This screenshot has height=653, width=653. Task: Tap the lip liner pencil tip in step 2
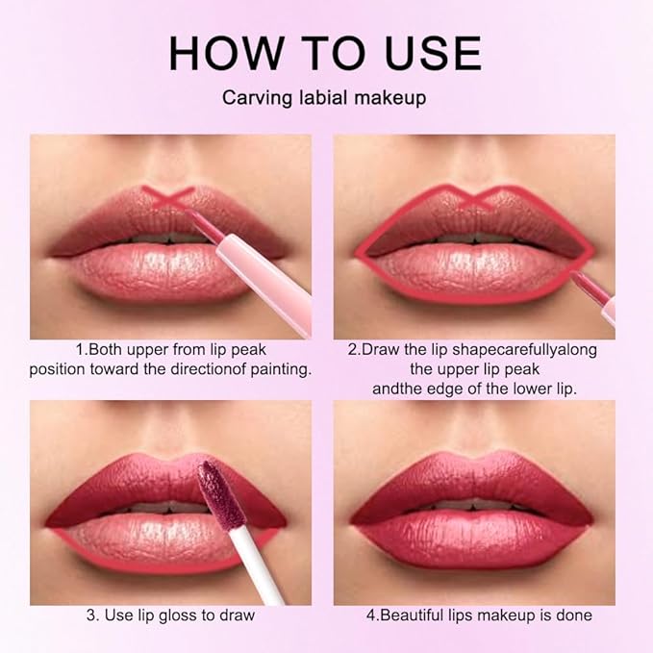point(578,276)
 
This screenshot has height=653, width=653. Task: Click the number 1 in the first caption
point(79,349)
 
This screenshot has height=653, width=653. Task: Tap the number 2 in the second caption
point(352,349)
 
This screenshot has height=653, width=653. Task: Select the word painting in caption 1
point(281,369)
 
